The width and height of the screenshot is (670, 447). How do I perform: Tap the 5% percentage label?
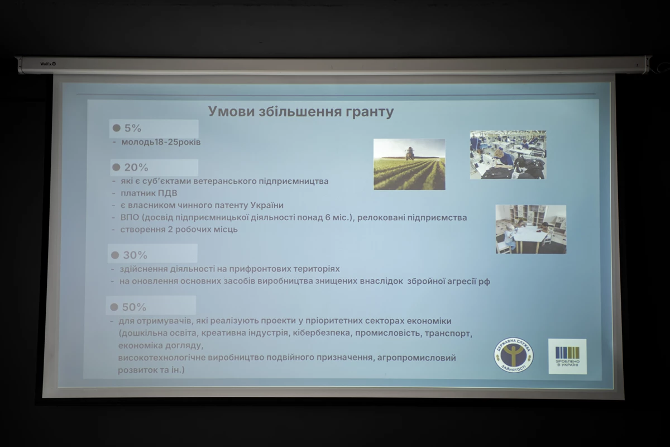132,128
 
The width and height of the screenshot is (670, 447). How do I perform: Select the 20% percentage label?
136,168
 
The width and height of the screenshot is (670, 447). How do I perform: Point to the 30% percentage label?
135,255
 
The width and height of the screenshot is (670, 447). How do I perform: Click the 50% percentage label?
134,307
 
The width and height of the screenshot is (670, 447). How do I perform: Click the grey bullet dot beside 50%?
114,307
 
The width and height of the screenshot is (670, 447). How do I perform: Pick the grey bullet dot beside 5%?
116,128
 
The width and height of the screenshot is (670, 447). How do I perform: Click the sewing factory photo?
508,155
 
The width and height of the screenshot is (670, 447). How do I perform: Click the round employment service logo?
513,355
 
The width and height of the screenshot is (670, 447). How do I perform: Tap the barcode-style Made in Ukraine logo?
567,356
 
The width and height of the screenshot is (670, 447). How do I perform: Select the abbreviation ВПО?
130,217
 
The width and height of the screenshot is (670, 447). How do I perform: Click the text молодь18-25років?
161,142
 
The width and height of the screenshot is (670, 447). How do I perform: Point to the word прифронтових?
260,269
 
